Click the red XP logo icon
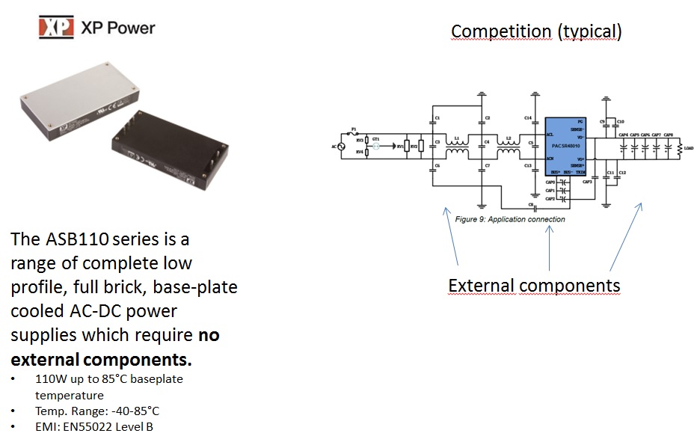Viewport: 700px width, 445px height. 57,28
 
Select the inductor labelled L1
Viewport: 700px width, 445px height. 456,150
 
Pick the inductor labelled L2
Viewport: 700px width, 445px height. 509,150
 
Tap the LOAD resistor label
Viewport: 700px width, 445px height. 688,148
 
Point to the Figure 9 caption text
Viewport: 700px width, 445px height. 509,219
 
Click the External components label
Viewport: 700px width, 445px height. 534,286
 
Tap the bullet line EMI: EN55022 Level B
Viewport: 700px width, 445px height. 94,427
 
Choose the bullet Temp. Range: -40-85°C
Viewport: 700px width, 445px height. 97,411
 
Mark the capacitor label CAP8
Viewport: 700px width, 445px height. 668,135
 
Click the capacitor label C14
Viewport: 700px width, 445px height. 528,118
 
